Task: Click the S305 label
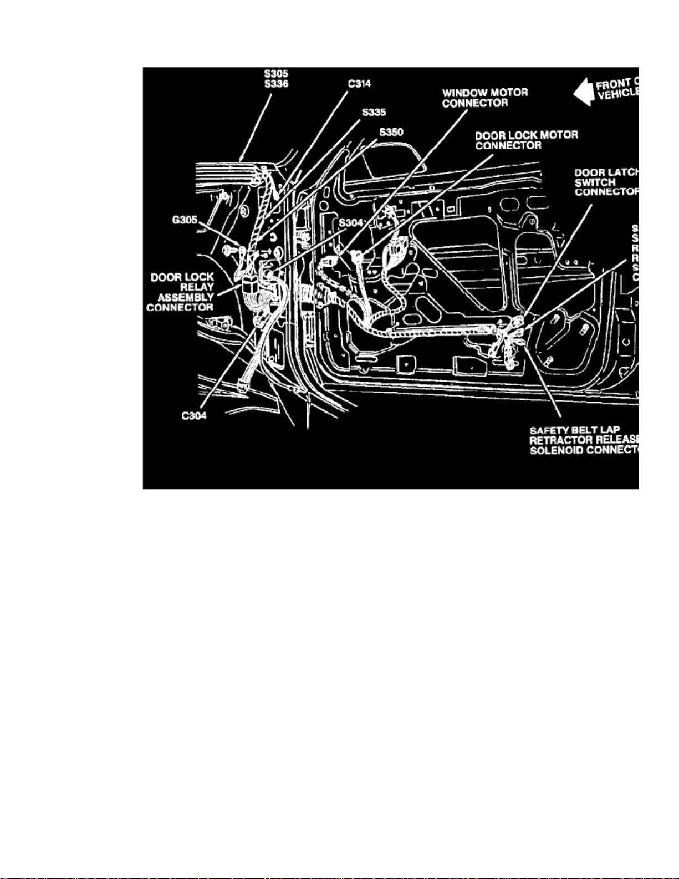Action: coord(275,73)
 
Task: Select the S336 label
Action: coord(275,84)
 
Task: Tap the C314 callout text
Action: coord(359,84)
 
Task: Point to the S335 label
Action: coord(374,113)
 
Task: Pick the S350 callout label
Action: coord(391,133)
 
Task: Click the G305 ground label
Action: coord(184,220)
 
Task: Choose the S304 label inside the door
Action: coord(350,223)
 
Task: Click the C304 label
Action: coord(194,416)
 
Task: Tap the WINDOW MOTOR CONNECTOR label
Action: coord(485,98)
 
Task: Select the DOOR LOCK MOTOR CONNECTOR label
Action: coord(527,140)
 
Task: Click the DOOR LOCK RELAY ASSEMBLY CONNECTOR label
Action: coord(181,292)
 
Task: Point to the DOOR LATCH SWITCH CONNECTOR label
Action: coord(606,182)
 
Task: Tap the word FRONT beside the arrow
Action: coord(613,85)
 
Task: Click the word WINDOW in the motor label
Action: coord(464,93)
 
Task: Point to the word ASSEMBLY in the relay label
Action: coord(186,297)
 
